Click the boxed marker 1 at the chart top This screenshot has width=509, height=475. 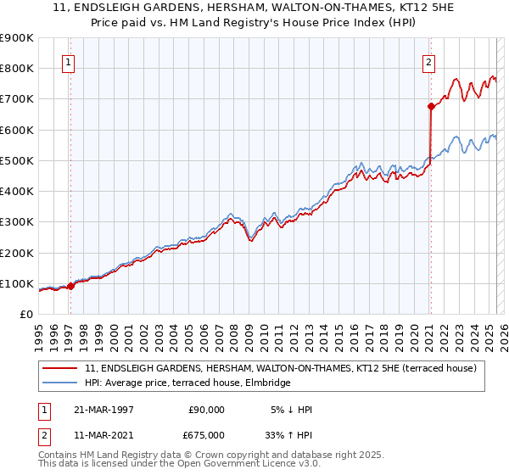click(x=67, y=62)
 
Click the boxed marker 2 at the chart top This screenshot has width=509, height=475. click(x=429, y=62)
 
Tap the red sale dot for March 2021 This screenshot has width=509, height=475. click(x=431, y=107)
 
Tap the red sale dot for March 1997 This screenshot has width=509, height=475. click(x=71, y=286)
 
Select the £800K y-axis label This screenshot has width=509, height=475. click(x=16, y=68)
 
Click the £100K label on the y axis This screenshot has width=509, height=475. click(x=16, y=283)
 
